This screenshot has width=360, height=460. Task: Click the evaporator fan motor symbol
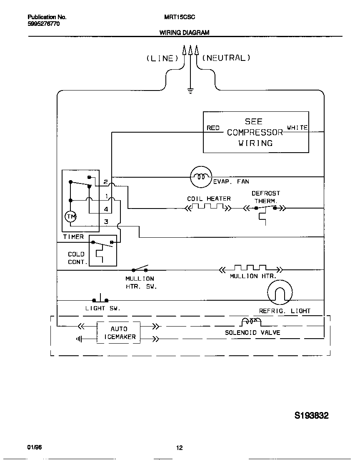[x=201, y=177]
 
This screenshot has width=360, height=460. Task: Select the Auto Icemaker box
[x=119, y=333]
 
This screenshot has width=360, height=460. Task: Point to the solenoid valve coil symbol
[x=251, y=322]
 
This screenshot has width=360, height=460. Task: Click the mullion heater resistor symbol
[x=250, y=268]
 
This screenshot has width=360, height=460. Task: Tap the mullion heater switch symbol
[x=140, y=269]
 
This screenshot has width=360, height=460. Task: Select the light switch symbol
[x=100, y=299]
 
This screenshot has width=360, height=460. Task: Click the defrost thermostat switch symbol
[x=265, y=207]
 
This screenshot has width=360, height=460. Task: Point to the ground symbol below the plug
[x=190, y=91]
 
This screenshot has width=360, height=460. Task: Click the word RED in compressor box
[x=213, y=128]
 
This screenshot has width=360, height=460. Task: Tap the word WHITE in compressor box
[x=297, y=128]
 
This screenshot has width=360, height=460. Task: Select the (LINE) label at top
[x=162, y=58]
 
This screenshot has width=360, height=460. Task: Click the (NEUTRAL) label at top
[x=226, y=58]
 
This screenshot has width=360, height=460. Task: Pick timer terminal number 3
[x=106, y=222]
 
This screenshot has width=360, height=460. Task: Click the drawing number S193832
[x=312, y=416]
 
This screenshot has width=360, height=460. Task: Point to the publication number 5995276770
[x=44, y=24]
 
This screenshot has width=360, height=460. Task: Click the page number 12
[x=179, y=448]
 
